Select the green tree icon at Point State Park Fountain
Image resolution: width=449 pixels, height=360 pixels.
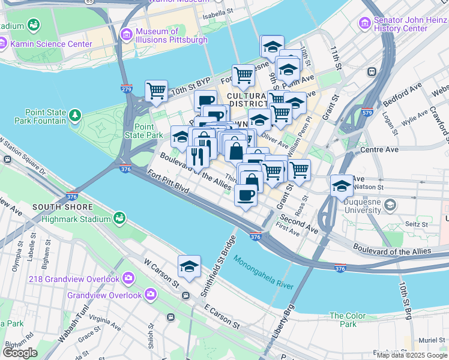[75, 114]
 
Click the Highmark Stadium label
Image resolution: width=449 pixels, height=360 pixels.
[76, 219]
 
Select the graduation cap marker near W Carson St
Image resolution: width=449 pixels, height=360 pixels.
[189, 266]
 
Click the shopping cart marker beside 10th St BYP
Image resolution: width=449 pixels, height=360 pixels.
[156, 91]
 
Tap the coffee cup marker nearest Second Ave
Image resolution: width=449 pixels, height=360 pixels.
[246, 195]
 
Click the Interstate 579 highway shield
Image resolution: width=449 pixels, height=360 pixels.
[367, 112]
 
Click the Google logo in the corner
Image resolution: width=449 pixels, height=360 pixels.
[20, 353]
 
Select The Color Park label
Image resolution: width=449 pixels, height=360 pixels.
[347, 320]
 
